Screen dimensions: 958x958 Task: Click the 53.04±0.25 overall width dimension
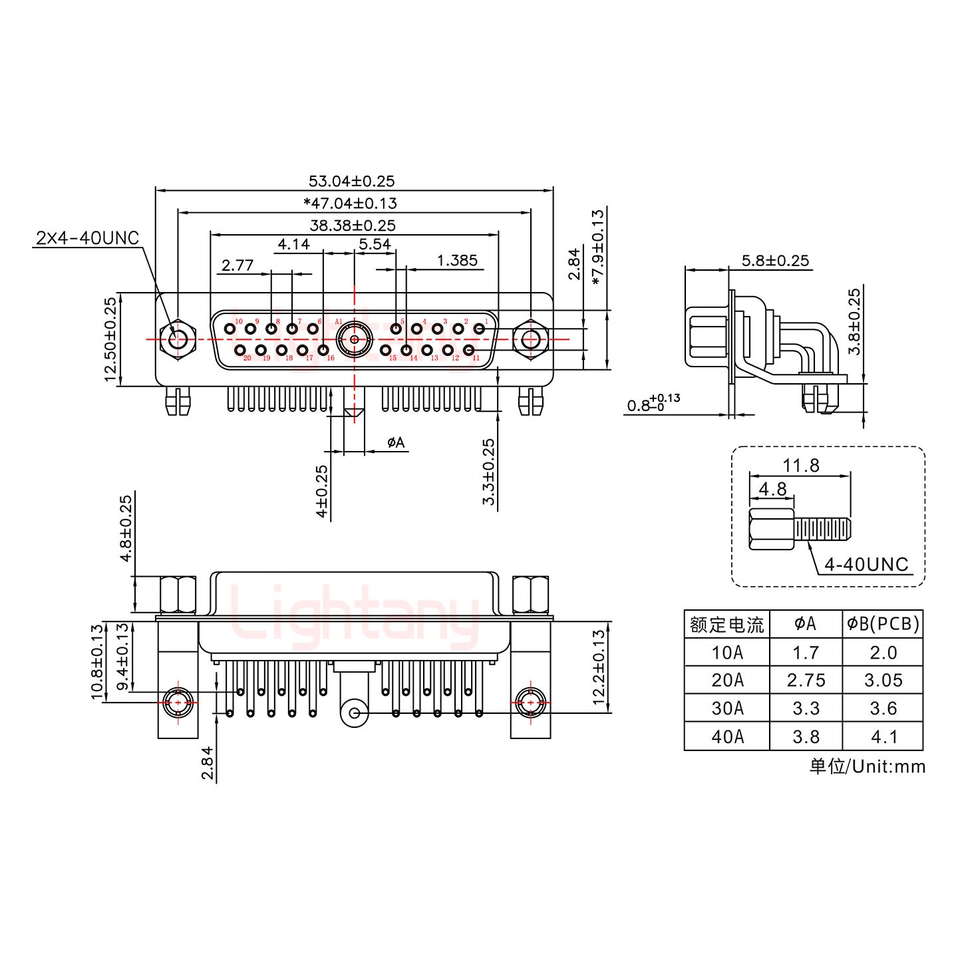click(351, 181)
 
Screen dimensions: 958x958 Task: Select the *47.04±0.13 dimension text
click(350, 204)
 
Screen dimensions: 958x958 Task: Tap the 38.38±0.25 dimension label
click(353, 226)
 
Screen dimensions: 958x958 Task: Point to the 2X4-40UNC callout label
click(87, 238)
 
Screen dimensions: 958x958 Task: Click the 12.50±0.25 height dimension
click(110, 339)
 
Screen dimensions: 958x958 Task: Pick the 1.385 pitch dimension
click(457, 261)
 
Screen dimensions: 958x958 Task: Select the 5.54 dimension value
click(375, 244)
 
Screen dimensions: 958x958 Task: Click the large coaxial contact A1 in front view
click(354, 339)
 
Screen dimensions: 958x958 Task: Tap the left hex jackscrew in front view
click(177, 339)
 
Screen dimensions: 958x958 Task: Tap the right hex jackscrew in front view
click(530, 339)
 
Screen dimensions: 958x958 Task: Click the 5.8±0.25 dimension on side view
click(776, 261)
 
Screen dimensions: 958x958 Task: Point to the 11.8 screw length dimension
click(801, 466)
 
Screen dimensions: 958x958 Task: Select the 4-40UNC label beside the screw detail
click(866, 565)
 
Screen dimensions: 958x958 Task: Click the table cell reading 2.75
click(806, 681)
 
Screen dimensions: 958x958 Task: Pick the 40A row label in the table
click(727, 737)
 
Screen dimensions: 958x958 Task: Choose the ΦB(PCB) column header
click(883, 624)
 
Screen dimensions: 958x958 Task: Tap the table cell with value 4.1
click(883, 737)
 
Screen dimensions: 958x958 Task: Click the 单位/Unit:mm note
click(867, 766)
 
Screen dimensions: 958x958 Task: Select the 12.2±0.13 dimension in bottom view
click(599, 667)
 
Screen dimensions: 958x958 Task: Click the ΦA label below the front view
click(395, 442)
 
